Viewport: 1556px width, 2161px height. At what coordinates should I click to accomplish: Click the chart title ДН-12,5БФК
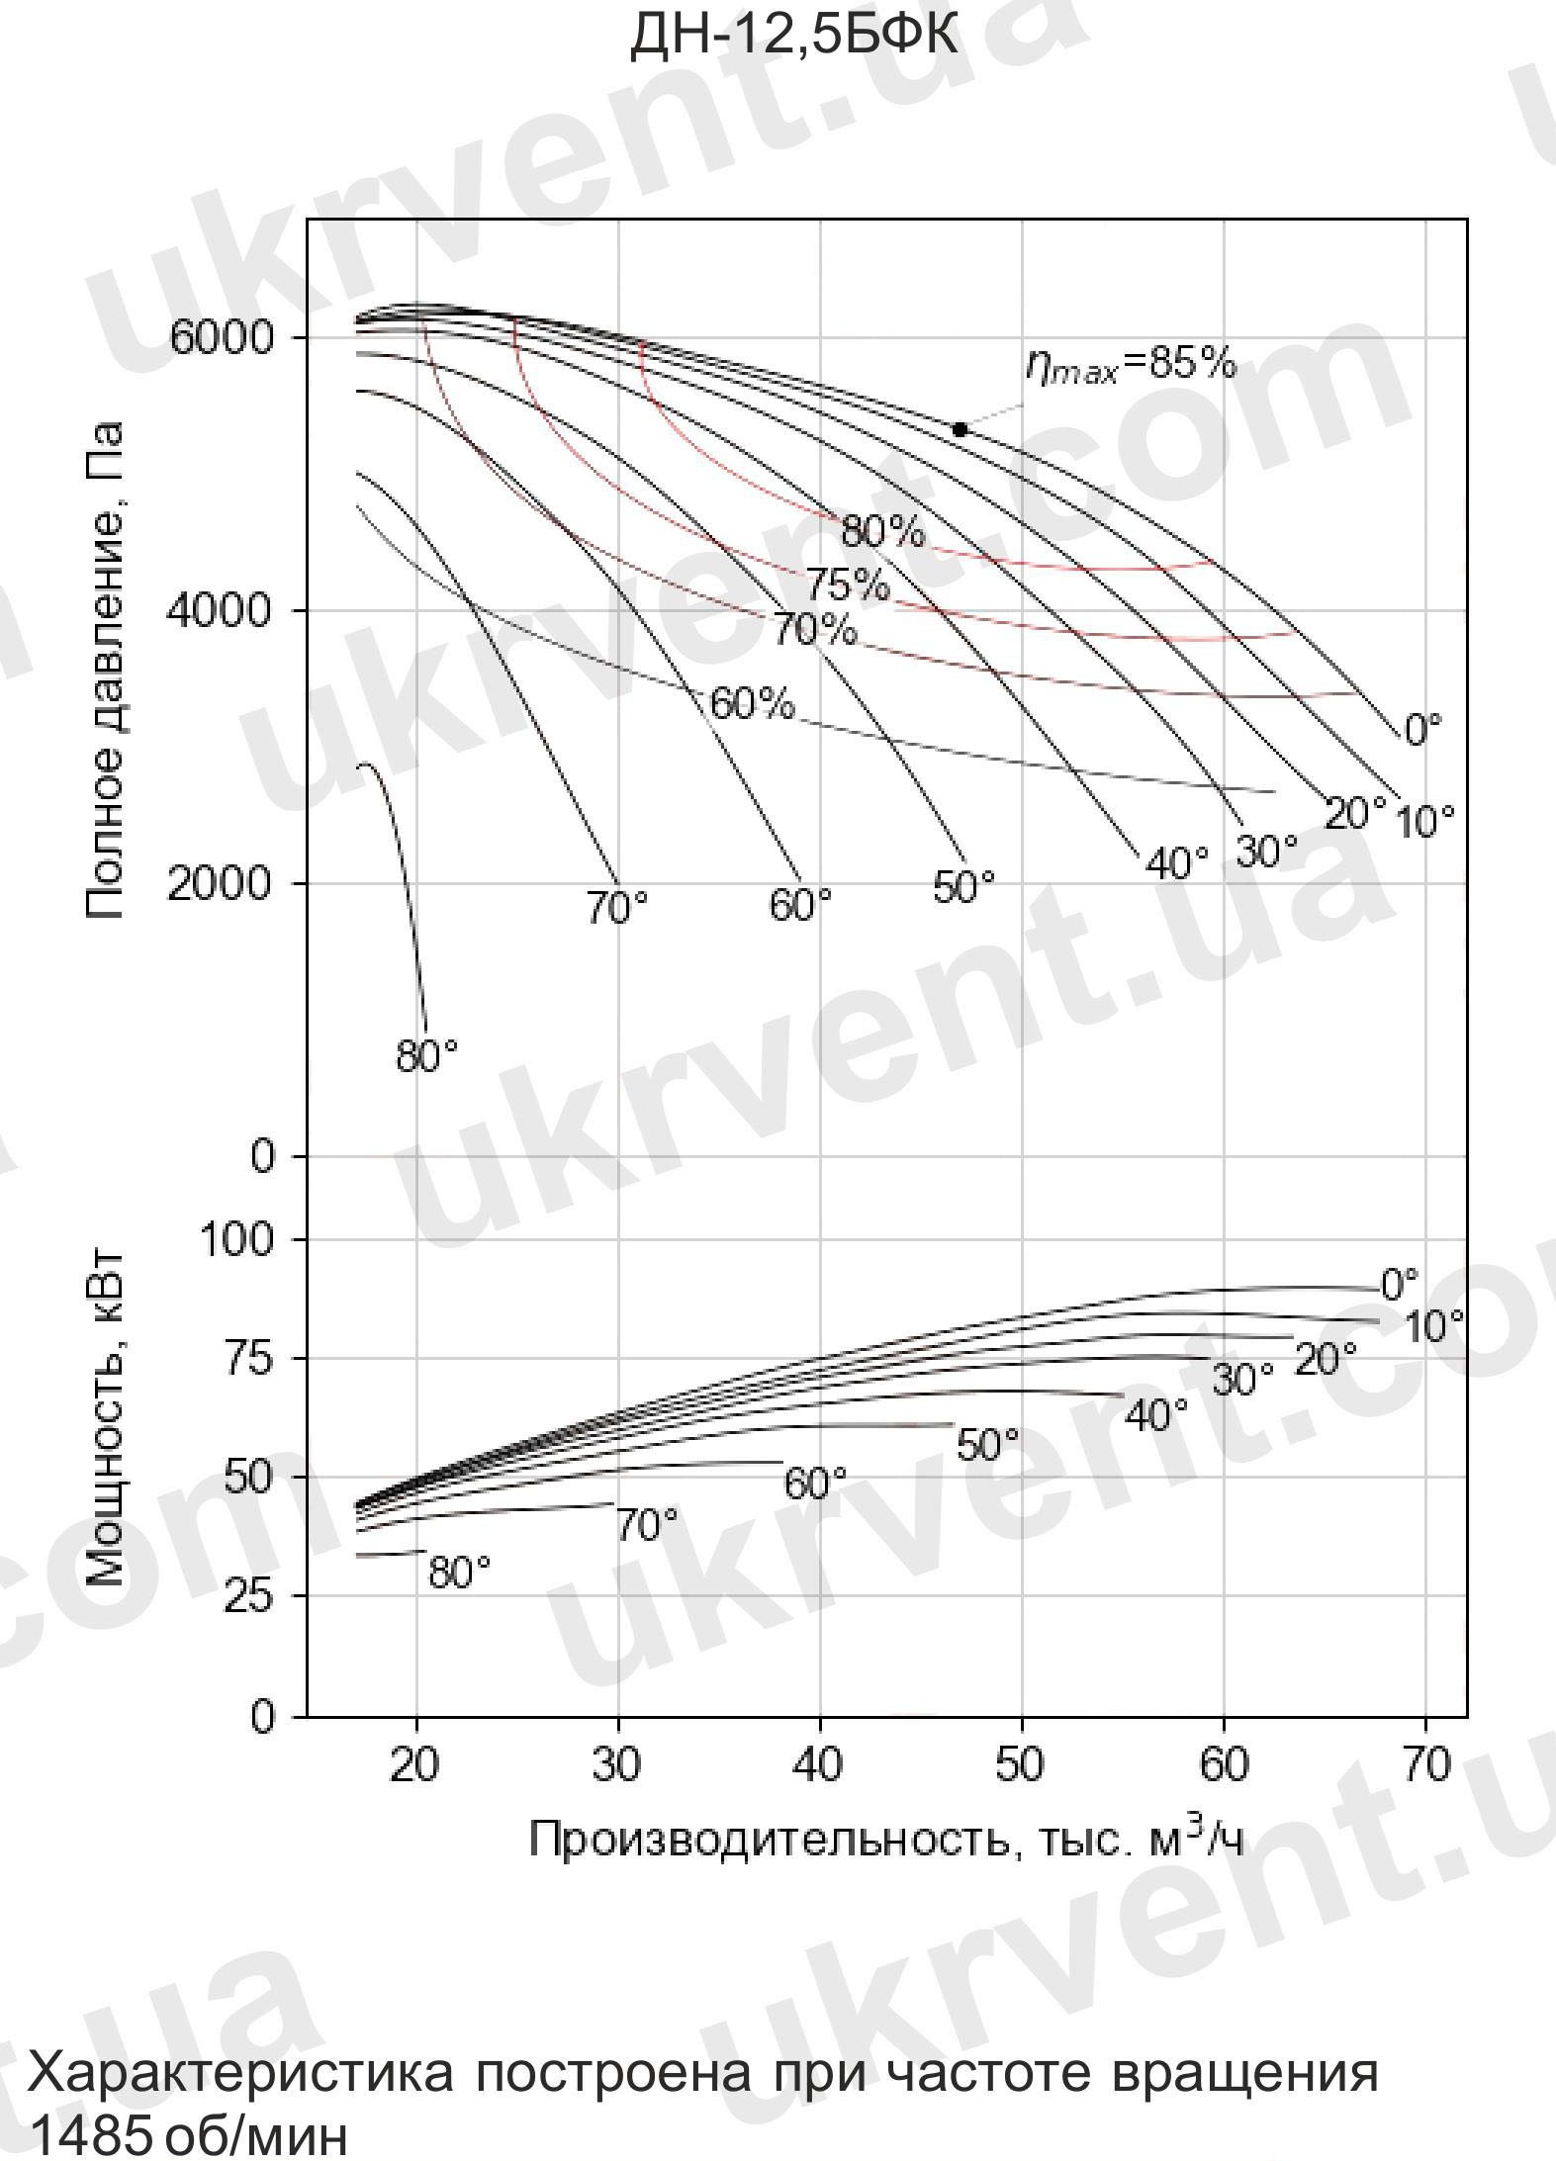click(793, 37)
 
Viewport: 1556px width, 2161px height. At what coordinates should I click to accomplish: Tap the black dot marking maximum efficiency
click(959, 429)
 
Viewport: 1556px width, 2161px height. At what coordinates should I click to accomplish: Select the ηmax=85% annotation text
click(1130, 365)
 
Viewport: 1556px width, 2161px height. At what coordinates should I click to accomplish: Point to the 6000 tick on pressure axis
click(221, 338)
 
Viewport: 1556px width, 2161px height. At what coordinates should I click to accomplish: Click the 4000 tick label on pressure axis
click(219, 611)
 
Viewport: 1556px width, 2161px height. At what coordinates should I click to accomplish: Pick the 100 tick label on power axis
click(236, 1238)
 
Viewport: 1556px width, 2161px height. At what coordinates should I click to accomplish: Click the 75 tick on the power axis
click(249, 1359)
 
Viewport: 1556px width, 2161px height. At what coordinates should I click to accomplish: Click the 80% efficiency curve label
click(882, 533)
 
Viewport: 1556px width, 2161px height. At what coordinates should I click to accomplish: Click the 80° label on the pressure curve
click(427, 1056)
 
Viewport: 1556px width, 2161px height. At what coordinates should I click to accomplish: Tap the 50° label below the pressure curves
click(963, 886)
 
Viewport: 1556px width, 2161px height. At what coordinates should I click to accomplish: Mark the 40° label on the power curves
click(1156, 1416)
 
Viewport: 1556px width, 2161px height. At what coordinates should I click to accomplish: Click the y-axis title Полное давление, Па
click(105, 672)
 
